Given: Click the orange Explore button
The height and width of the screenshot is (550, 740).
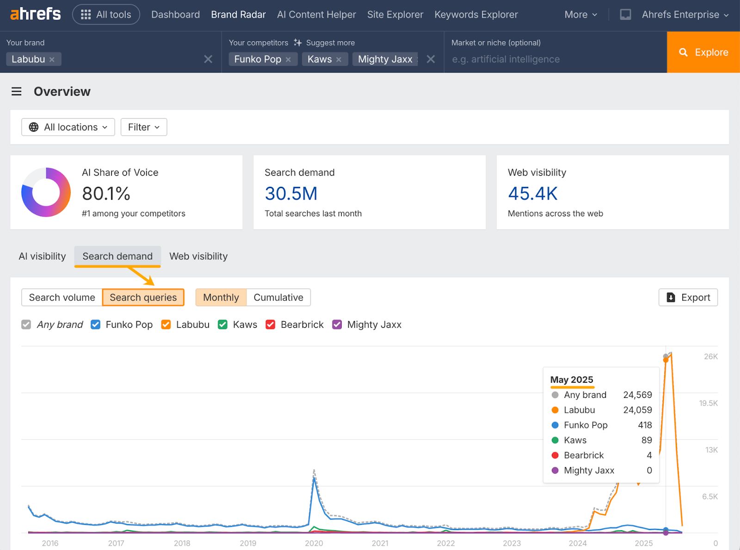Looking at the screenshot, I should pos(703,52).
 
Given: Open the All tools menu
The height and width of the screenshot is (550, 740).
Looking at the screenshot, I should pos(106,15).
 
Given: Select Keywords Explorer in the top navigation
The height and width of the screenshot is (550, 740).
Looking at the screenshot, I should pos(476,15).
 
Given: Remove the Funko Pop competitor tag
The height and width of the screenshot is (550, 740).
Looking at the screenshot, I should pos(288,60).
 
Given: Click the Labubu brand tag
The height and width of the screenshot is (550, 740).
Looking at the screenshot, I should pos(28,59).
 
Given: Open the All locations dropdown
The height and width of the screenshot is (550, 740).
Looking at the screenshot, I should pos(68,127).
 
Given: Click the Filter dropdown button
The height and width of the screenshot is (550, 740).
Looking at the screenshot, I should pos(143,127).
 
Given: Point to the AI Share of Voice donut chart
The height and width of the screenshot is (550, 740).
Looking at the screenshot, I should pos(46,192).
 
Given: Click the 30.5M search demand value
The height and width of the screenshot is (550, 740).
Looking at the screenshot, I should pos(291,194).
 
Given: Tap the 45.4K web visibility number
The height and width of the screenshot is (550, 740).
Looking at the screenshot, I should pos(533,194).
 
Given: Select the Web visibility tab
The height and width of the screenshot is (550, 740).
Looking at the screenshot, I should pos(198,257).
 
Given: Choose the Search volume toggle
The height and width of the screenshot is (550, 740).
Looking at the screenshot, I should pos(62,298).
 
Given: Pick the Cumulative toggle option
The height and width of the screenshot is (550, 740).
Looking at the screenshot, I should pos(278,298).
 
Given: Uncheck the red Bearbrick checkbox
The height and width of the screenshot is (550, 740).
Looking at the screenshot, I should pos(271,324).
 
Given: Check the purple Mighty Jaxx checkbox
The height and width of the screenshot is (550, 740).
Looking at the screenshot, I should pos(337,324).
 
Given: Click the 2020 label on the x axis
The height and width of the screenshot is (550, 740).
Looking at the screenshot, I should pos(314,544).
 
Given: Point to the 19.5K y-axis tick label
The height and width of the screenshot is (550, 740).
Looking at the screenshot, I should pos(708,403).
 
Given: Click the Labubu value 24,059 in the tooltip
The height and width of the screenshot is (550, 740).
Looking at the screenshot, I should pos(637,410).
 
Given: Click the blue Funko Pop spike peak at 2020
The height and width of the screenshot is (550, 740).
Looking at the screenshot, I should pos(314,479).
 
